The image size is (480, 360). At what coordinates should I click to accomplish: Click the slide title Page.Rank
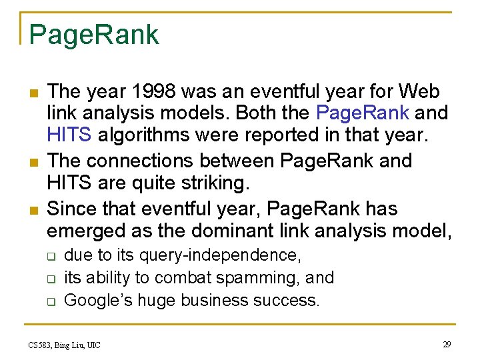tap(94, 35)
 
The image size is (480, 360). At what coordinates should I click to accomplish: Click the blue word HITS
tap(69, 135)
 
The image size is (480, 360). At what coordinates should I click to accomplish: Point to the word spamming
tap(253, 278)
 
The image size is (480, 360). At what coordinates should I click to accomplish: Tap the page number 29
tap(446, 344)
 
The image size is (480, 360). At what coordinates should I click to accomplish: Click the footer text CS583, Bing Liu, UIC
tap(65, 345)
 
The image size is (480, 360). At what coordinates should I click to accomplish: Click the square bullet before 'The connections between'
tap(32, 162)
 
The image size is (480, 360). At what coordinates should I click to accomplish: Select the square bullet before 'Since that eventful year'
tap(32, 210)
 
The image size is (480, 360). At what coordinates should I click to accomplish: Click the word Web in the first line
tap(420, 91)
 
